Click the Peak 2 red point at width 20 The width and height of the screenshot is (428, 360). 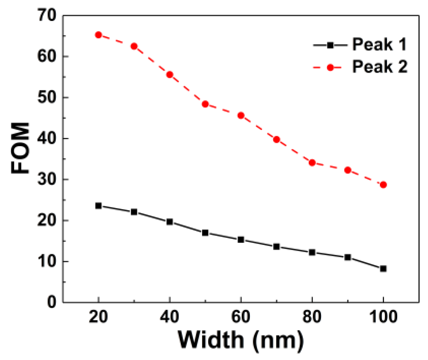pos(99,35)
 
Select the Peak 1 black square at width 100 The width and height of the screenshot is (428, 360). pos(383,269)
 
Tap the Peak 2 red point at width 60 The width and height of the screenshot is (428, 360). pos(241,116)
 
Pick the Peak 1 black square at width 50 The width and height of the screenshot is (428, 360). pos(205,233)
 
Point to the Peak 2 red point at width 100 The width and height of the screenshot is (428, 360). pos(383,185)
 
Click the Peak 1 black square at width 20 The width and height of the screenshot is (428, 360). pos(99,206)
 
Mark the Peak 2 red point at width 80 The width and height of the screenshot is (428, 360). pos(312,163)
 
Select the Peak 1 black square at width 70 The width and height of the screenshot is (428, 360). pos(277,247)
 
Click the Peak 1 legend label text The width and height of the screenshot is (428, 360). pos(379,44)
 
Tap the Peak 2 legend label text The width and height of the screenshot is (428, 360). pos(380,67)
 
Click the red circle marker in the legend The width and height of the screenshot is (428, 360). pos(330,68)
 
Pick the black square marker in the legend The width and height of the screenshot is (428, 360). pos(330,45)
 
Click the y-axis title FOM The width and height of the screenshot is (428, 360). pos(20,148)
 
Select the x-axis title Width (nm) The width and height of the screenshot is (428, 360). pos(241,339)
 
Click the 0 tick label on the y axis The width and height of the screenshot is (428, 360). pos(52,302)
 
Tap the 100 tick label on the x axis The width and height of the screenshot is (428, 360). pos(383,317)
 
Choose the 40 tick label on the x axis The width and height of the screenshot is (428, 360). pos(169,317)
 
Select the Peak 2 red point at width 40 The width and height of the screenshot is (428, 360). pos(170,75)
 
